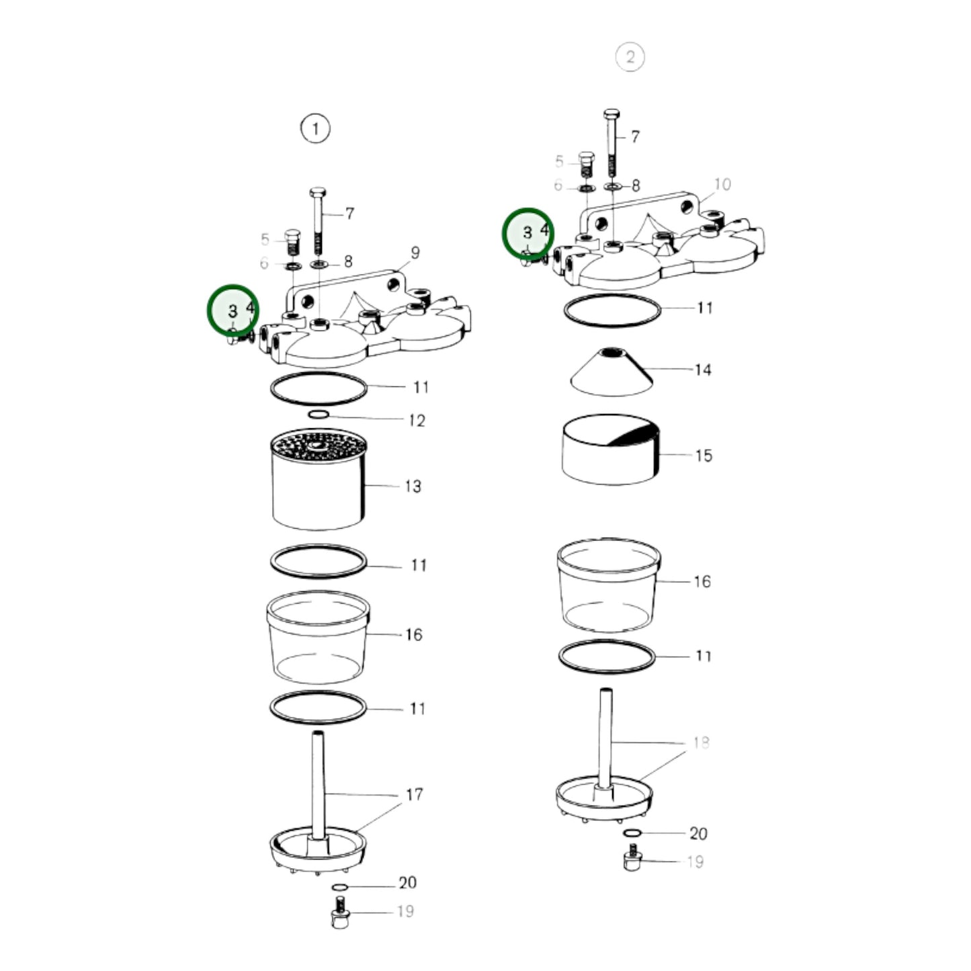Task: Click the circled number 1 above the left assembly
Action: [315, 128]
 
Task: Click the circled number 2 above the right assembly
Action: [630, 57]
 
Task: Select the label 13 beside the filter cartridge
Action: [413, 486]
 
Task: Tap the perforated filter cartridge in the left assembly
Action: [319, 480]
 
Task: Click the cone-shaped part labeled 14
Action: [611, 372]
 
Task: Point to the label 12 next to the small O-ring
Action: [417, 420]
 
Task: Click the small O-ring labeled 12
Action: [319, 415]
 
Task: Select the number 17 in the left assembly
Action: [415, 794]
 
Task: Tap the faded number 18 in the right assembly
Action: [701, 743]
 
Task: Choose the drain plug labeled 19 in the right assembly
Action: [632, 860]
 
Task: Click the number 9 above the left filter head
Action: [415, 253]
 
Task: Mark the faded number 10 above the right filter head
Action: [722, 184]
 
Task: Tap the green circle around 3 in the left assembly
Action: [233, 309]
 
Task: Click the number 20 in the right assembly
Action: [698, 833]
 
